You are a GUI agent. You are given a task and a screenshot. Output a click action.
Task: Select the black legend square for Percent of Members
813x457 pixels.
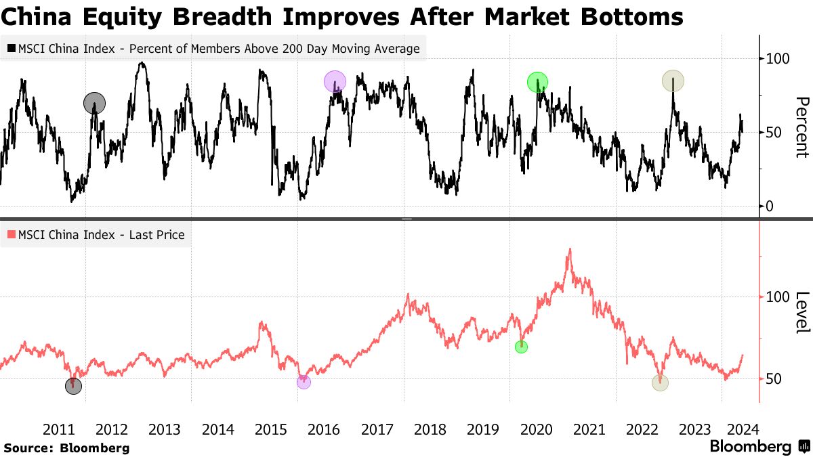(12, 49)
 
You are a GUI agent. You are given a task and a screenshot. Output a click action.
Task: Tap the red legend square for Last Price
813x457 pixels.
(12, 236)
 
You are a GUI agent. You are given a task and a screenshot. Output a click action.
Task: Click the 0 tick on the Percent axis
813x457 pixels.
(770, 206)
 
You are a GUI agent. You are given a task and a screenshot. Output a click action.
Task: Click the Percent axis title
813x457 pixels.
(801, 127)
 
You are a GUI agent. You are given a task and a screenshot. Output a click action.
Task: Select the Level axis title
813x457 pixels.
(801, 312)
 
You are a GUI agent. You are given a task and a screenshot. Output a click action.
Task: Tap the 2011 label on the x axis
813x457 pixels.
(58, 429)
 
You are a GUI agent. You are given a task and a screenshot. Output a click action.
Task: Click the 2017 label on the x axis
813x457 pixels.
(377, 429)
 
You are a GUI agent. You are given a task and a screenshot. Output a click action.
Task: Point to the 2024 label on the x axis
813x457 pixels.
(743, 429)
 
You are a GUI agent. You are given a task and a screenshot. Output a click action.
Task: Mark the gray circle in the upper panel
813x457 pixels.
(95, 103)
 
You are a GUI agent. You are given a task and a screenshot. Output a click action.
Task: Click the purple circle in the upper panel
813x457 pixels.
(335, 82)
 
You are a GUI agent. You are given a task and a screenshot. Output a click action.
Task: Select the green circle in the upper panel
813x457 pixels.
(537, 82)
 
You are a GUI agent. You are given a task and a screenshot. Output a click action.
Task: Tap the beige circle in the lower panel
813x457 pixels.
(660, 383)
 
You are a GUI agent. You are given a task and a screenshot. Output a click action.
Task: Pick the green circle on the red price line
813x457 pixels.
(521, 347)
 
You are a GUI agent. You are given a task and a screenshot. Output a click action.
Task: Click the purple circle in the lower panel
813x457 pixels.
(304, 382)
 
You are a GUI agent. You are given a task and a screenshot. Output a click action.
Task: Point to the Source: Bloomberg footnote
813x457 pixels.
(66, 448)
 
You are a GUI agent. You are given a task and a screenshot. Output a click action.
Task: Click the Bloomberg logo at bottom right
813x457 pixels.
(759, 447)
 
